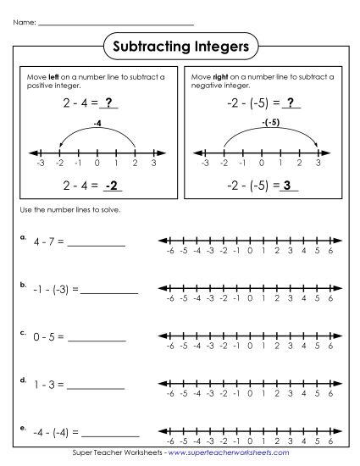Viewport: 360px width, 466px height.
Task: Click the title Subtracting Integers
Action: (x=180, y=47)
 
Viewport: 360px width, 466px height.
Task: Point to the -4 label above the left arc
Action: (x=97, y=123)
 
